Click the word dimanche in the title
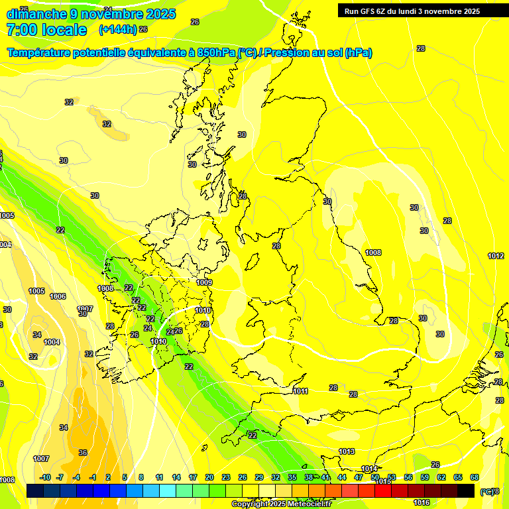point(37,14)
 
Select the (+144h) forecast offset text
point(118,30)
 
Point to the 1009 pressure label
point(204,283)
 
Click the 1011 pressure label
point(300,391)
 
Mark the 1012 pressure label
point(496,256)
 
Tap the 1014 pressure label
point(369,469)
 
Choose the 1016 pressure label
point(422,502)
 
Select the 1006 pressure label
point(58,296)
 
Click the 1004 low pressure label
point(52,342)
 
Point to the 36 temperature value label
point(83,453)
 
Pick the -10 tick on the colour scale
point(45,477)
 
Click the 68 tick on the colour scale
point(475,477)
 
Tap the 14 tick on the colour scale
point(176,477)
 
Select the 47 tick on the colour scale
point(359,477)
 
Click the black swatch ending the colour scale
point(466,490)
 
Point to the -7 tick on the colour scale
point(60,477)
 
